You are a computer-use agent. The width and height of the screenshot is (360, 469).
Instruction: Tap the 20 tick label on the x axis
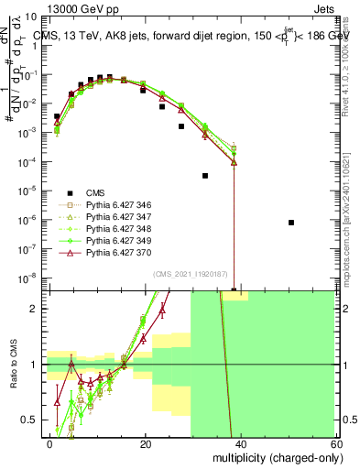145,444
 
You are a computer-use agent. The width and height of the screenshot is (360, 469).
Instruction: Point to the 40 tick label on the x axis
240,444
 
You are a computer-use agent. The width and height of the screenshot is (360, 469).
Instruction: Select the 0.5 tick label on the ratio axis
31,420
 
